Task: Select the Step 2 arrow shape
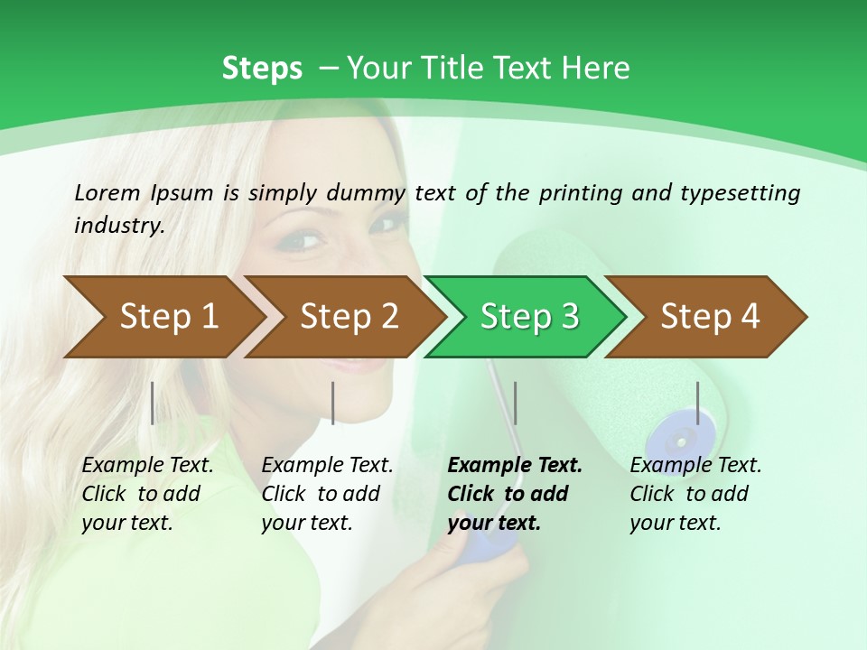click(x=349, y=316)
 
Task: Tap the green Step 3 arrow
click(x=529, y=316)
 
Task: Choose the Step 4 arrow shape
click(x=710, y=316)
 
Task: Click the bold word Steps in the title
click(x=262, y=69)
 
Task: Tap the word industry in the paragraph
click(x=118, y=225)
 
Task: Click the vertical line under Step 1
click(x=153, y=403)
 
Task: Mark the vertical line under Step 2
click(x=333, y=403)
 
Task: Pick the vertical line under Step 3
click(x=515, y=403)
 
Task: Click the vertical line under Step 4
click(x=697, y=403)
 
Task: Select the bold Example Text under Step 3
click(x=515, y=466)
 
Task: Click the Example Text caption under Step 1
click(x=147, y=466)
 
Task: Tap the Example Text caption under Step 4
click(x=695, y=466)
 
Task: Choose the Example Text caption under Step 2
click(x=327, y=466)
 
